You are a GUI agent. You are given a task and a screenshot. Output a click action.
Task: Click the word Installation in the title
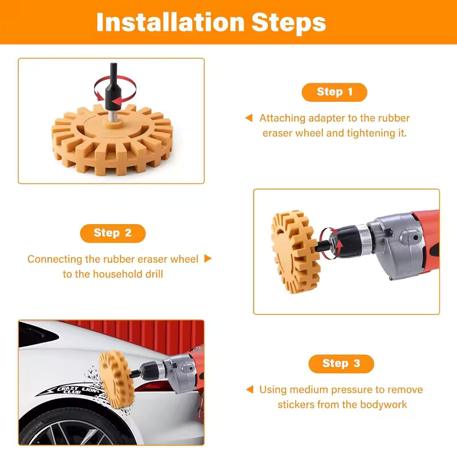coord(170,22)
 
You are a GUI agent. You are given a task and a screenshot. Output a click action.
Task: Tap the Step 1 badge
coord(334,92)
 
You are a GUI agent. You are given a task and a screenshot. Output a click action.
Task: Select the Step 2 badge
coord(113,233)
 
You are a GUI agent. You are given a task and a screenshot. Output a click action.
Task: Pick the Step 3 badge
coord(341,364)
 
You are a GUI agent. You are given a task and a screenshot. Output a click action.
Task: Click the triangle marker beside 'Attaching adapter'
coord(249,118)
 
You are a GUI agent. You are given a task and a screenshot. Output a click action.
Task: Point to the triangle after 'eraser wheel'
coord(208,258)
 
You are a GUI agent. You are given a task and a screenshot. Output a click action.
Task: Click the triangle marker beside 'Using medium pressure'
coord(250,390)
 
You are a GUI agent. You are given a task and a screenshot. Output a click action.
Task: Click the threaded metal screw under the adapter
coord(113,115)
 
